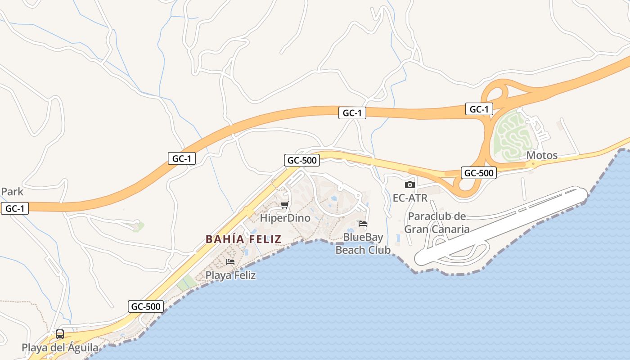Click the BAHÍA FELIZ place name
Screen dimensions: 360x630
(243, 239)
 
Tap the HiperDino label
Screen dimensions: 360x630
(285, 218)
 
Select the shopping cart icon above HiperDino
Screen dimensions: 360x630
(284, 205)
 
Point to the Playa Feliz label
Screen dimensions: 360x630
(230, 275)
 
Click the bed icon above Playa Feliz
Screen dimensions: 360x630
(230, 261)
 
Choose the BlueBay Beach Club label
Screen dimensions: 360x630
(363, 243)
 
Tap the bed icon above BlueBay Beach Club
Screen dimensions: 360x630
(363, 223)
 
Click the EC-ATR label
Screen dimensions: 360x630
(410, 198)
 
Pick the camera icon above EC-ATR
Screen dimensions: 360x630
(409, 184)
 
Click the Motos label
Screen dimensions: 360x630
(542, 156)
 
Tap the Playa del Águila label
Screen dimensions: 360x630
(60, 348)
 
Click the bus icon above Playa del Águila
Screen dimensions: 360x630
(60, 334)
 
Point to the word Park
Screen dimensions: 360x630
(12, 192)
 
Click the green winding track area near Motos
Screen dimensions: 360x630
(511, 134)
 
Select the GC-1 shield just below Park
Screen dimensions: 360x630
(15, 209)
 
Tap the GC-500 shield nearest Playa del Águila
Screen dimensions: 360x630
(145, 306)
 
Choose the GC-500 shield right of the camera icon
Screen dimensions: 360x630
(479, 173)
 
